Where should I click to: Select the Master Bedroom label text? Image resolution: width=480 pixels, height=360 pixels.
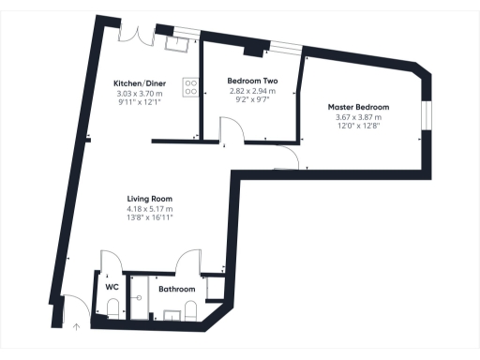pos(358,107)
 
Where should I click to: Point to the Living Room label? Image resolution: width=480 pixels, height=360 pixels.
pos(150,198)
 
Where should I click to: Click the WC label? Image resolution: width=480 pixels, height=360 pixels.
pos(112,286)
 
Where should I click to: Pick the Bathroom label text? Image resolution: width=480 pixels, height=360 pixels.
pos(176,290)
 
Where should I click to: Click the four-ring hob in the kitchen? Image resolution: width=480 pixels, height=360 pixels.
pos(191,87)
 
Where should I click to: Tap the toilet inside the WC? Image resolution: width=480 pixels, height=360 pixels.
pos(112,307)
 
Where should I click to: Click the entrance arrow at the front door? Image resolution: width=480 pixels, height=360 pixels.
pos(77,326)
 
